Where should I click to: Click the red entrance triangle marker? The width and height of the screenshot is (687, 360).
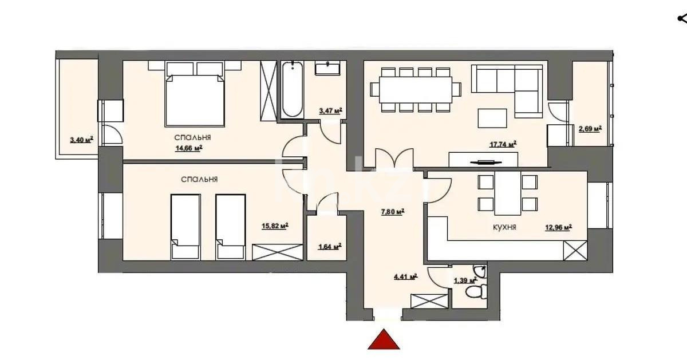coord(384,340)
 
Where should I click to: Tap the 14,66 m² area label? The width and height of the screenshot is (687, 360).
coord(188,148)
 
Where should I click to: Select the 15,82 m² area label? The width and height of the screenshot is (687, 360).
coord(274,226)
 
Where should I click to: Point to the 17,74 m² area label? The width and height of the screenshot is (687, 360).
coord(504,144)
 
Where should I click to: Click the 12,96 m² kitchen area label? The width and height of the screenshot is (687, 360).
coord(559,227)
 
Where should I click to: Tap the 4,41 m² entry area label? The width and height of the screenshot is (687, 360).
coord(405,276)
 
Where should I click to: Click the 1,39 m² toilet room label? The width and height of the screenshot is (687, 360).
coord(465,280)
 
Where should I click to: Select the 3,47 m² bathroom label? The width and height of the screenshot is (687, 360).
coord(330,110)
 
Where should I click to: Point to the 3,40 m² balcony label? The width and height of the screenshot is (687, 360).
coord(81,139)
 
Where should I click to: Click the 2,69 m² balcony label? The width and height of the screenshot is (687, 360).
coord(590,129)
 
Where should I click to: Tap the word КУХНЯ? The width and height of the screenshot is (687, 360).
coord(505,227)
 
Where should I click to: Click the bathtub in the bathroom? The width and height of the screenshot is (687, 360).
coord(292,90)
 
